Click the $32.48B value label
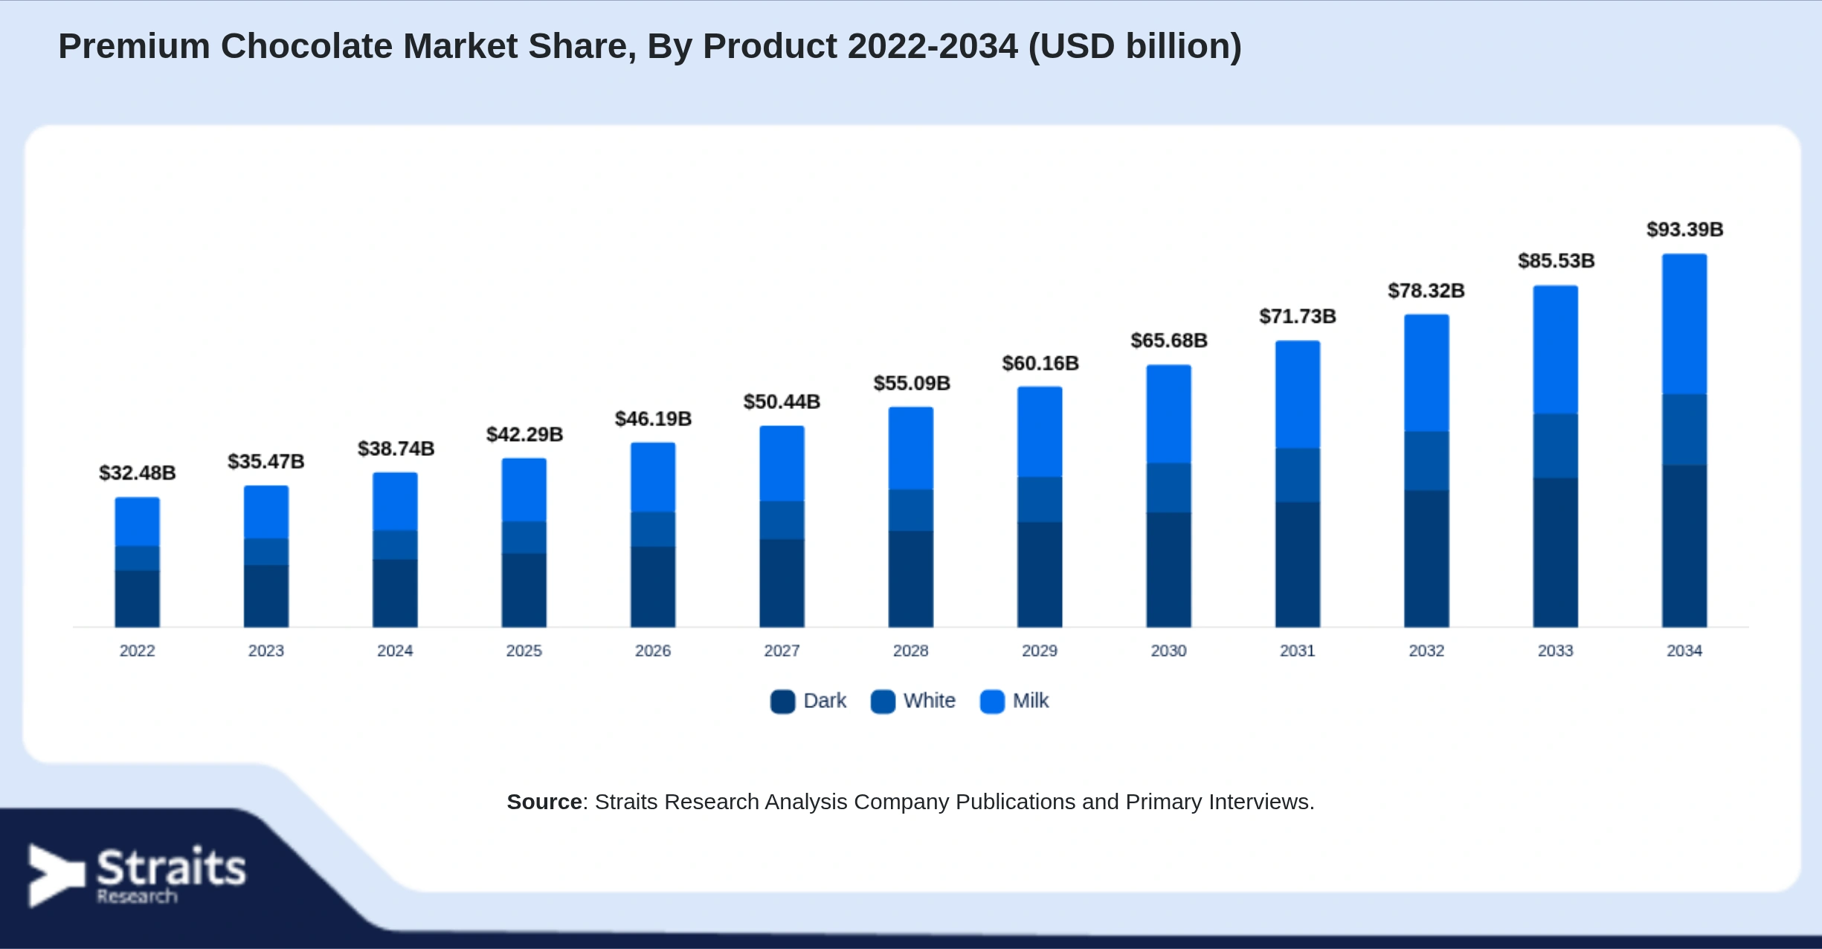click(x=138, y=473)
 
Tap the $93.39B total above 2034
click(x=1684, y=229)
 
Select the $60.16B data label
click(x=1040, y=363)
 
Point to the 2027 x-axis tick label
click(x=782, y=651)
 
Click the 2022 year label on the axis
click(x=138, y=651)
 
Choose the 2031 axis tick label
click(x=1298, y=651)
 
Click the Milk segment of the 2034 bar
click(x=1684, y=324)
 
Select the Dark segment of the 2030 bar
click(x=1168, y=570)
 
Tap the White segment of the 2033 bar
click(x=1555, y=445)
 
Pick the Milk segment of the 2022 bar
click(x=138, y=521)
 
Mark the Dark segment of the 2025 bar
click(x=524, y=591)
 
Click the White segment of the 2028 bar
click(x=911, y=510)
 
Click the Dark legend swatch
click(x=782, y=701)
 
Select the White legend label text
click(x=929, y=701)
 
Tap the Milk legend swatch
click(x=992, y=701)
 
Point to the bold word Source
click(x=544, y=802)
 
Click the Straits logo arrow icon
click(x=56, y=875)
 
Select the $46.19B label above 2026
click(x=653, y=419)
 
